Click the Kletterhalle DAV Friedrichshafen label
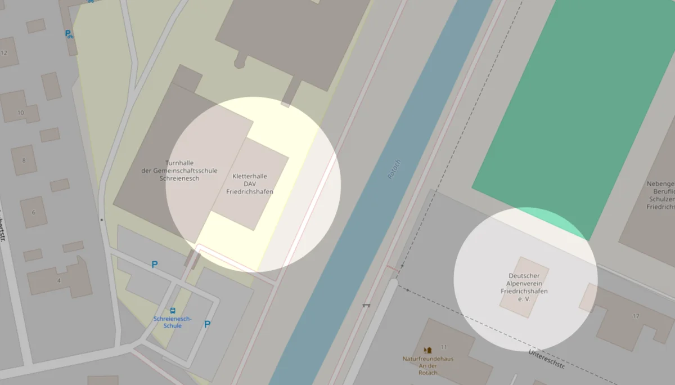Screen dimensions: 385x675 point(250,184)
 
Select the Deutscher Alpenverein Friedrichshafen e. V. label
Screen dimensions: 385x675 point(524,287)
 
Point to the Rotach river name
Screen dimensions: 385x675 point(394,169)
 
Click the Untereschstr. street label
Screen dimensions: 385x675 point(546,359)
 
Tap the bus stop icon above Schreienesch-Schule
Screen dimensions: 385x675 point(172,310)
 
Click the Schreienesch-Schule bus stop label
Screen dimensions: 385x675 point(172,322)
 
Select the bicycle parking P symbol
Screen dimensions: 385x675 point(69,34)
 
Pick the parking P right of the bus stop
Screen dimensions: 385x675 point(207,324)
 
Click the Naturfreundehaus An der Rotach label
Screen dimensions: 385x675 point(427,365)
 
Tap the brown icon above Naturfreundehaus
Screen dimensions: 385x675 point(427,350)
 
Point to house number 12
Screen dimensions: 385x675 point(4,53)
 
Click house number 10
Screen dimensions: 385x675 point(21,113)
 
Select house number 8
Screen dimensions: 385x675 point(24,160)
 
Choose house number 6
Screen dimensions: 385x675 point(34,212)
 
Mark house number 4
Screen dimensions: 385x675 point(58,280)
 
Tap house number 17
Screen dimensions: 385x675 point(636,316)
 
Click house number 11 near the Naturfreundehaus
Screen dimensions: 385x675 point(444,347)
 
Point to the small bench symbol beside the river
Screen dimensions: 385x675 point(366,305)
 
